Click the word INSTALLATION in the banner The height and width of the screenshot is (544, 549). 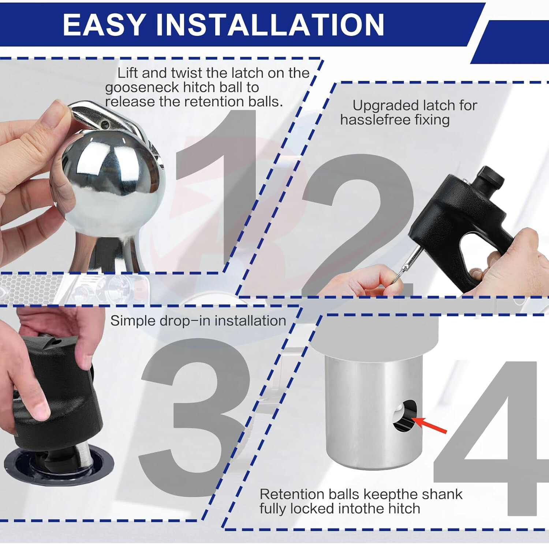coord(270,25)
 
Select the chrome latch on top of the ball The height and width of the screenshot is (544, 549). coord(110,117)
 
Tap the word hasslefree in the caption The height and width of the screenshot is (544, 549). coord(373,120)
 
